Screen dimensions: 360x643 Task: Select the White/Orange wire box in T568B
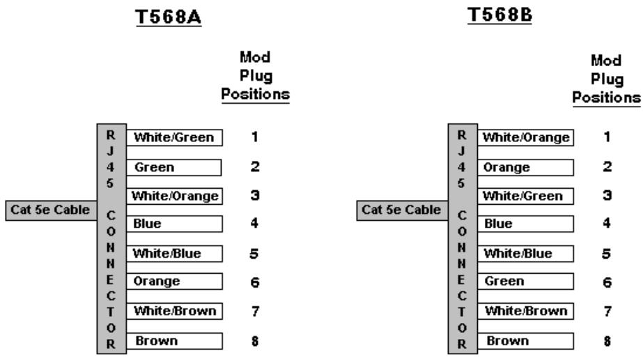[525, 138]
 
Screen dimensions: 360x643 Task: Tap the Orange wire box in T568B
[525, 167]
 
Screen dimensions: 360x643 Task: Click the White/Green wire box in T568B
[525, 196]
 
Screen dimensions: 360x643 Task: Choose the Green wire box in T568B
[525, 282]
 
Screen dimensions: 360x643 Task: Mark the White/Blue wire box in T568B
[525, 253]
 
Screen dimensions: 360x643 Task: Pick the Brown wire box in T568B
[525, 341]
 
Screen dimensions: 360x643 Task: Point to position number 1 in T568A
[255, 138]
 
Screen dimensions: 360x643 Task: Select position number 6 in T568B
[607, 283]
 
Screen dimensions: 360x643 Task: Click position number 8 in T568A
[255, 341]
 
